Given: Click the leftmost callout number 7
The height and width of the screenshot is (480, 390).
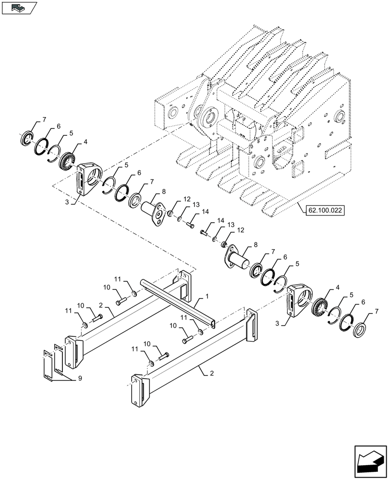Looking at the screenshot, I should tap(44, 119).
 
